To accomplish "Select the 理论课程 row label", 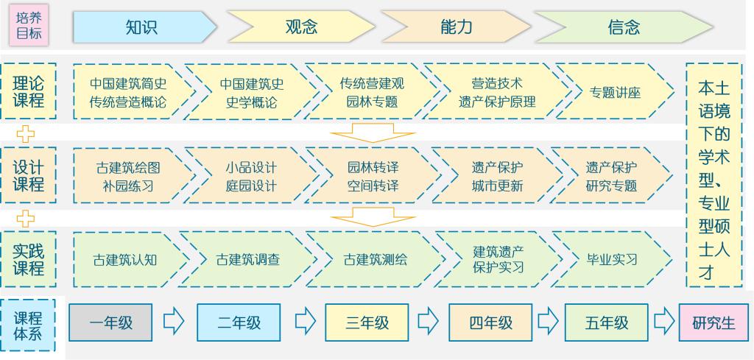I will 29,91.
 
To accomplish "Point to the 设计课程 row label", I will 29,176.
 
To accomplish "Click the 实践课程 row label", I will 29,259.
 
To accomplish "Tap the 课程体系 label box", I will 29,325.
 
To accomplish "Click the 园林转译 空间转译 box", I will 373,176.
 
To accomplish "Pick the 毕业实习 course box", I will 612,259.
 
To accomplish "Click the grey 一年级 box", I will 111,322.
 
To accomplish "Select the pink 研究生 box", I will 713,322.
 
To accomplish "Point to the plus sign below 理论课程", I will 27,134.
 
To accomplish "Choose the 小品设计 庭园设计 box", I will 250,176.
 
